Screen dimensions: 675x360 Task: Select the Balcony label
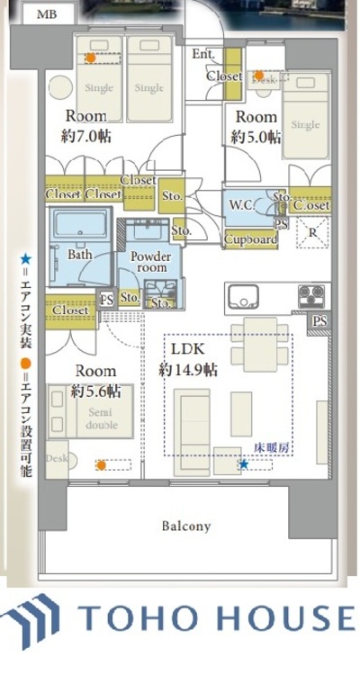click(x=185, y=526)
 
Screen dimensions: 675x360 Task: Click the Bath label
click(x=79, y=255)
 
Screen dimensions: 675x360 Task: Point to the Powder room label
click(x=149, y=262)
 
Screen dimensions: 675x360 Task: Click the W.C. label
click(x=240, y=204)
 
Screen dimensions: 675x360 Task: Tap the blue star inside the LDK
click(x=243, y=464)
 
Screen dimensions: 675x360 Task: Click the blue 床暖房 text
click(x=269, y=447)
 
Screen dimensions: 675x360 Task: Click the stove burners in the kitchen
click(x=311, y=295)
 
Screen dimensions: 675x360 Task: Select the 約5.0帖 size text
click(x=256, y=138)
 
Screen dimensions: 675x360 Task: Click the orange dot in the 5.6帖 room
click(x=101, y=465)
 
